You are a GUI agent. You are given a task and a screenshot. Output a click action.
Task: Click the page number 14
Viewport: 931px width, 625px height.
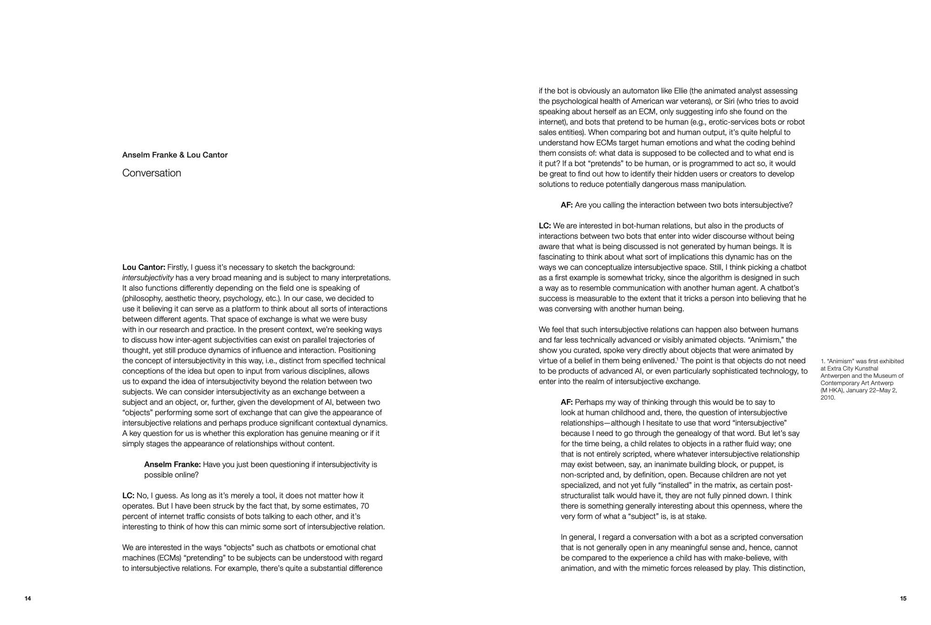(28, 598)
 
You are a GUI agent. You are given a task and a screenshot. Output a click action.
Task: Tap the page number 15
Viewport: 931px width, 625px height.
(903, 598)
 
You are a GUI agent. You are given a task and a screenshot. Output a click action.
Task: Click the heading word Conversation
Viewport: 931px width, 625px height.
(151, 173)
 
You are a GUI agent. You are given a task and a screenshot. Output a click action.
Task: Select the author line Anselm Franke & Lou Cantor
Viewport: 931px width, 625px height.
(175, 155)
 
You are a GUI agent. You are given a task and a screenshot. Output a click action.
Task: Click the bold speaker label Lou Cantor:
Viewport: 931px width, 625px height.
(144, 267)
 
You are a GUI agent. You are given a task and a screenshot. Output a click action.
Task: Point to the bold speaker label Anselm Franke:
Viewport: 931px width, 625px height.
(172, 464)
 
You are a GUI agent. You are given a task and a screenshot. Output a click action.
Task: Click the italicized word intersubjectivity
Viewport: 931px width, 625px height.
(148, 278)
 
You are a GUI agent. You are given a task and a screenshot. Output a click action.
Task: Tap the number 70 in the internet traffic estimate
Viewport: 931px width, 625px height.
(365, 506)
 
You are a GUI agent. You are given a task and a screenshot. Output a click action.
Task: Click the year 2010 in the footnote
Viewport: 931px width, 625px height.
(828, 398)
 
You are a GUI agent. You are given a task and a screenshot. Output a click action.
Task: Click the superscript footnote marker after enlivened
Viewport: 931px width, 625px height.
(677, 359)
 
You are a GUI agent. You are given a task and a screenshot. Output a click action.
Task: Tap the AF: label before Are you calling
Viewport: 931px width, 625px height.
(567, 205)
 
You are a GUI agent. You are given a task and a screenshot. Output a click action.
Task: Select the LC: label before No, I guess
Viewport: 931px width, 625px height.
(128, 496)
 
